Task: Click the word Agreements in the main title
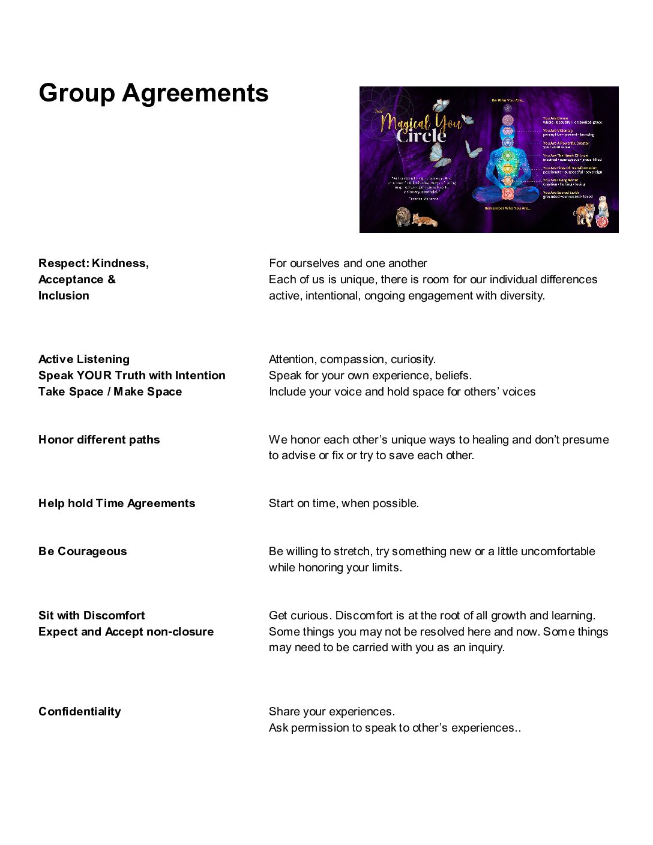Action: click(x=195, y=93)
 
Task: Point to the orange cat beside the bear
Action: click(x=425, y=220)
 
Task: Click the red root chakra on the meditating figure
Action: click(x=507, y=193)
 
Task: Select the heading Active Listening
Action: click(x=84, y=359)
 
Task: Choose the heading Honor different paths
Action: click(x=99, y=440)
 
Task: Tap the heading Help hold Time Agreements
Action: click(x=116, y=504)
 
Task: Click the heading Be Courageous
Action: click(x=83, y=552)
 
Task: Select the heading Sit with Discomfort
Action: click(x=91, y=616)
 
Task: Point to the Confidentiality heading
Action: click(x=80, y=712)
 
